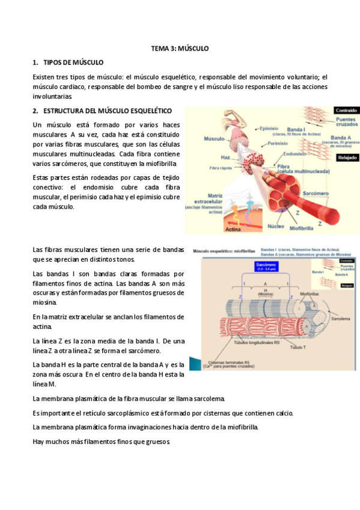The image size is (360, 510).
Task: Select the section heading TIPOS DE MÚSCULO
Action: click(x=73, y=63)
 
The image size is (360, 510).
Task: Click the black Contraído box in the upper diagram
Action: click(x=346, y=111)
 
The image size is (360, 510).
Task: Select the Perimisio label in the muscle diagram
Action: click(x=278, y=143)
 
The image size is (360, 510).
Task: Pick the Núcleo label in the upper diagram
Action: click(x=275, y=227)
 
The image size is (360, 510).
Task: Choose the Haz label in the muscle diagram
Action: click(x=225, y=156)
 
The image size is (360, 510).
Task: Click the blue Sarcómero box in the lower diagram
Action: click(x=265, y=266)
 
